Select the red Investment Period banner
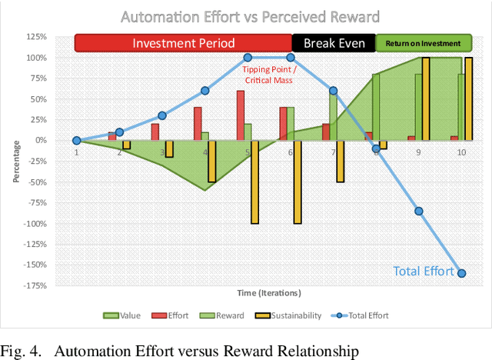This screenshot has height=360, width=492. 183,43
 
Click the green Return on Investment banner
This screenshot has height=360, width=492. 424,43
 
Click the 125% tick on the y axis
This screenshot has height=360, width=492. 35,37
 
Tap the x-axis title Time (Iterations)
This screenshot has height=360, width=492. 268,293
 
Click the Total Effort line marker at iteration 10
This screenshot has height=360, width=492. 462,273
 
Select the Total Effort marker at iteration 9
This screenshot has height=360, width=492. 419,211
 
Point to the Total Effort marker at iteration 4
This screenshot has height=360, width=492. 205,91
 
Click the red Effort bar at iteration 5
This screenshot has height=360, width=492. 241,115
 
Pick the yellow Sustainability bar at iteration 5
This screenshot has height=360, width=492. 254,182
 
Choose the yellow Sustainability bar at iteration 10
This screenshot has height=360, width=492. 469,99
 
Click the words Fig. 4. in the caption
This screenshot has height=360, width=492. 21,351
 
